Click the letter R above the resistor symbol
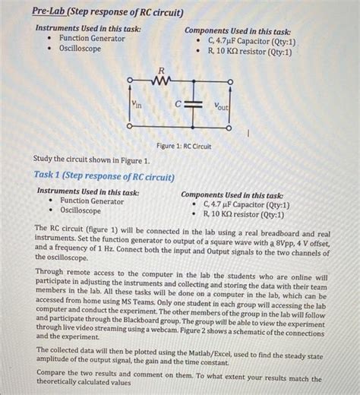tap(161, 70)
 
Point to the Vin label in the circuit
tap(136, 106)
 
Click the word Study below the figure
tap(45, 161)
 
